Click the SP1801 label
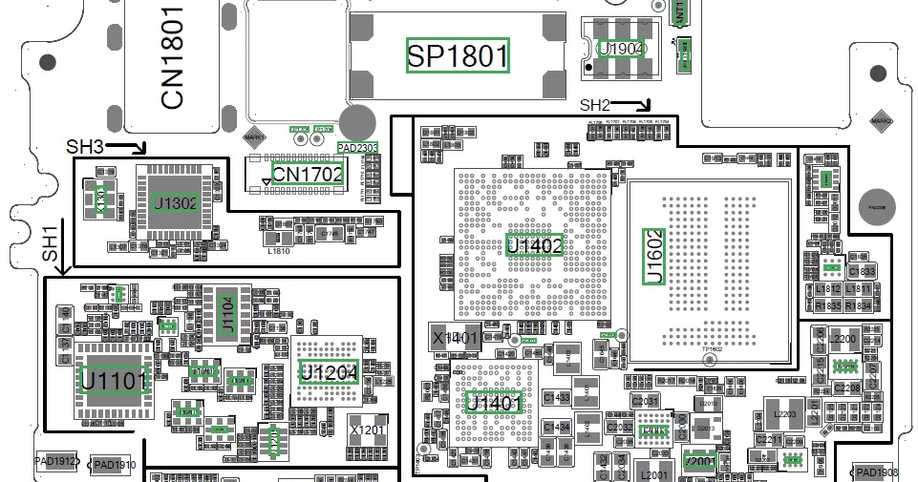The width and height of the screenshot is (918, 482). tap(458, 55)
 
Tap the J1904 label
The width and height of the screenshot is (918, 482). tap(621, 48)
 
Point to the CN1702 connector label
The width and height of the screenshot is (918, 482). tap(307, 174)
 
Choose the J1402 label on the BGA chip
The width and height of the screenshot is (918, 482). tap(534, 245)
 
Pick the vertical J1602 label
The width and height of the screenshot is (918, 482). tap(654, 256)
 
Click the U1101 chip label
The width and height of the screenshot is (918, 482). tap(115, 381)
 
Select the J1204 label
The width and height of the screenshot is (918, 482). tap(330, 373)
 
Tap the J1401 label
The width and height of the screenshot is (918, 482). tap(494, 404)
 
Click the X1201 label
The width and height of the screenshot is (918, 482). tap(367, 430)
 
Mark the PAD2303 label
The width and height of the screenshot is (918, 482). tap(358, 147)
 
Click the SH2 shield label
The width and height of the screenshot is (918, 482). tap(596, 105)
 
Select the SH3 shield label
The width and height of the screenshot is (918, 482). tap(85, 146)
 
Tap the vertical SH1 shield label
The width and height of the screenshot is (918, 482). tap(51, 245)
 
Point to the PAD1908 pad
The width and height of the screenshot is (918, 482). tap(876, 472)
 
